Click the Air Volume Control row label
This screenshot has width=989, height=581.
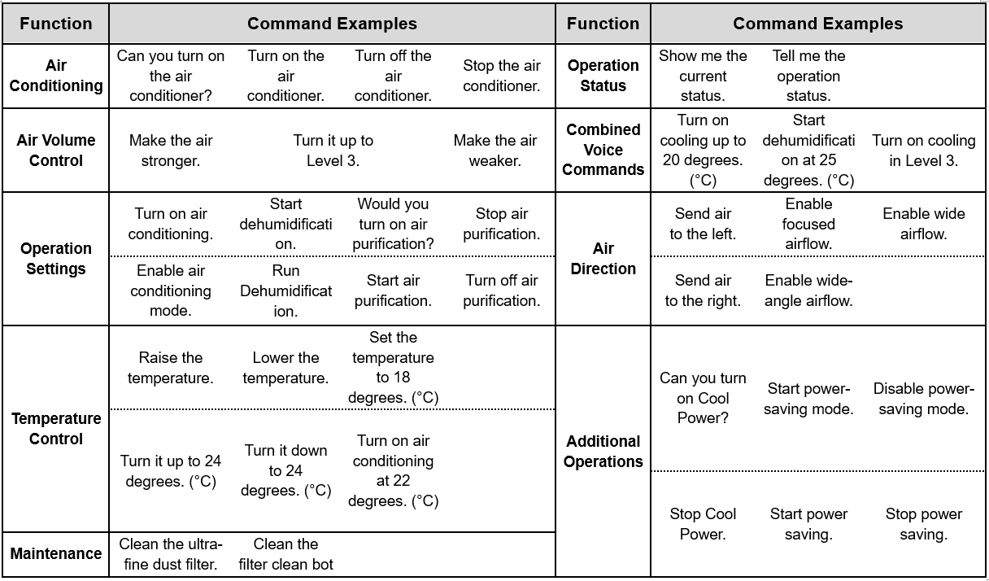(55, 151)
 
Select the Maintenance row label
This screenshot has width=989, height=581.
(55, 553)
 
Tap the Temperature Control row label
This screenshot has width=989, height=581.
(55, 429)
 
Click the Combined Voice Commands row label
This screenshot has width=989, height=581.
(603, 150)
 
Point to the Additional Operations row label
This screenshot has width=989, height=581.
(603, 451)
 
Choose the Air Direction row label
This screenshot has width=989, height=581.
(603, 259)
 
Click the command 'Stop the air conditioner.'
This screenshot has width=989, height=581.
(502, 76)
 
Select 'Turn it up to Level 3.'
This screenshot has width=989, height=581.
(333, 151)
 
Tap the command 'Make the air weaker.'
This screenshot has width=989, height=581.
(495, 151)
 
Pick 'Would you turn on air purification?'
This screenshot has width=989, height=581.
(393, 224)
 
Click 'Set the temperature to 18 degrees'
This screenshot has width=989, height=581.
(393, 367)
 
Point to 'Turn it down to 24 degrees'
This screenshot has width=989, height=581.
(285, 470)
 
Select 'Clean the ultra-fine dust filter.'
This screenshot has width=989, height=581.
(171, 554)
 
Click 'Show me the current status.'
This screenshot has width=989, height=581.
(703, 76)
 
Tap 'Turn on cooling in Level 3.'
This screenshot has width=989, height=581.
(924, 151)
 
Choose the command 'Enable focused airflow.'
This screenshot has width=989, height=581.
(808, 224)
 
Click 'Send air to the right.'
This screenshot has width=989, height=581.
(703, 290)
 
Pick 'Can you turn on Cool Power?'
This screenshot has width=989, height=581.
(703, 398)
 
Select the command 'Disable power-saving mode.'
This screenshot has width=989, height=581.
(924, 399)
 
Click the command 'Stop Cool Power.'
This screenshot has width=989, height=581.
(703, 524)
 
